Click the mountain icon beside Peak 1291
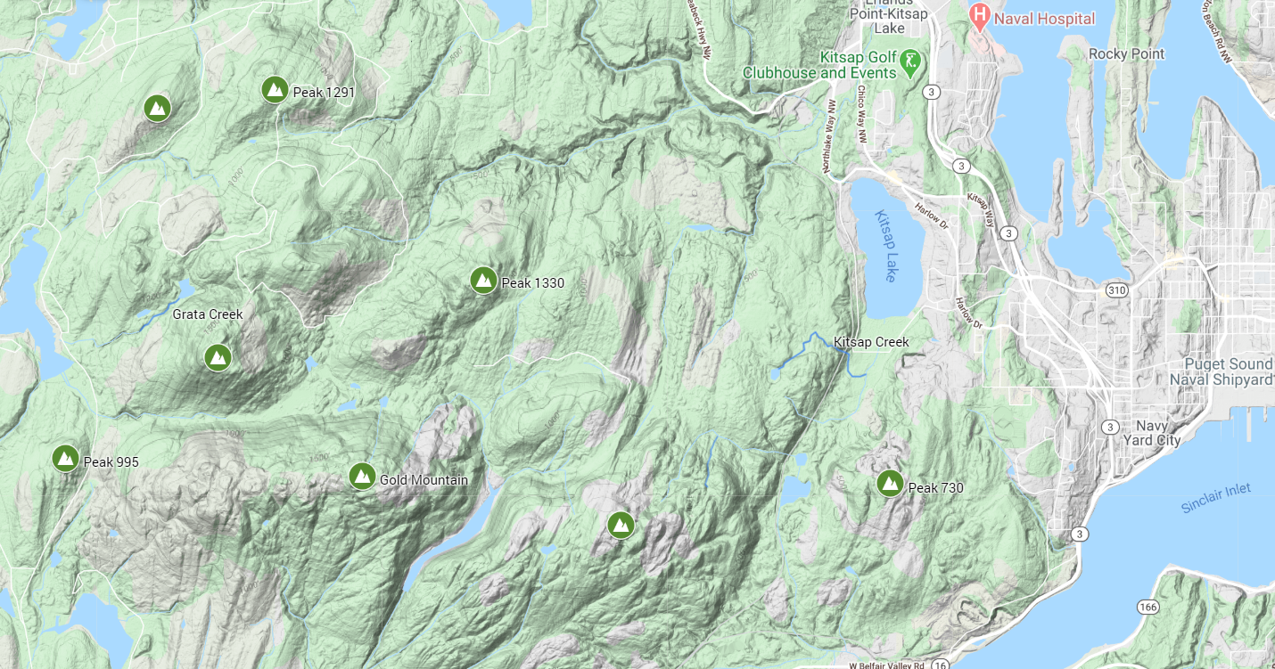click(x=275, y=90)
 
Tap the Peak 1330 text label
click(x=532, y=283)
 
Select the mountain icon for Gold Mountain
click(x=361, y=477)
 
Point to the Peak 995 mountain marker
click(x=65, y=459)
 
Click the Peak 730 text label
click(x=935, y=488)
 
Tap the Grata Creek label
click(x=208, y=314)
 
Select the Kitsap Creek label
click(x=871, y=342)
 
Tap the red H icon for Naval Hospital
click(x=980, y=15)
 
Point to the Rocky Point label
click(x=1126, y=53)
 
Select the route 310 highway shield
click(x=1115, y=290)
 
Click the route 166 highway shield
click(x=1147, y=607)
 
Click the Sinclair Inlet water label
click(x=1215, y=498)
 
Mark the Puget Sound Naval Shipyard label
click(x=1228, y=371)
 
